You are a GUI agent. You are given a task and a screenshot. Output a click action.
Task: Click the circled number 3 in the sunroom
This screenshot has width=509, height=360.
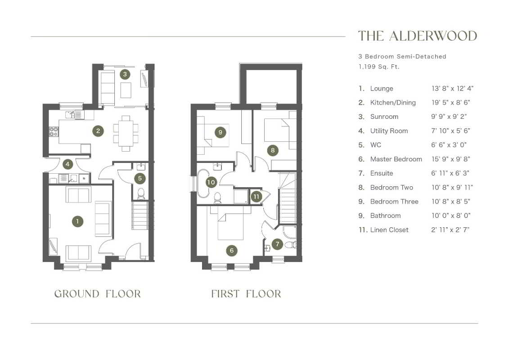click(x=125, y=74)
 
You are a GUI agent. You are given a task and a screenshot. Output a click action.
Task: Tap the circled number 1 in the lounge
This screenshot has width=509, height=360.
click(x=77, y=221)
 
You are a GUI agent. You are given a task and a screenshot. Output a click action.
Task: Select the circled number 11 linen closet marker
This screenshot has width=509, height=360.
click(x=257, y=196)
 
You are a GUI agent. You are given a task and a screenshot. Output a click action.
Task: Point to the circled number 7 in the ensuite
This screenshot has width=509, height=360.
click(x=277, y=244)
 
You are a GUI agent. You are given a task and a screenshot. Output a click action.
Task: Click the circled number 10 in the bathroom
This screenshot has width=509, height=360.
click(x=211, y=182)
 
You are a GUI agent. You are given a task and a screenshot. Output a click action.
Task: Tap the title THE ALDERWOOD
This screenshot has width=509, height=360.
click(x=418, y=36)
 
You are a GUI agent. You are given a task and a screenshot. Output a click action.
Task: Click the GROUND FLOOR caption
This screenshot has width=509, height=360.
click(x=98, y=294)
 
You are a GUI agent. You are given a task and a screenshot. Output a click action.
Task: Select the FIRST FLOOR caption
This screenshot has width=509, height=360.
click(x=246, y=294)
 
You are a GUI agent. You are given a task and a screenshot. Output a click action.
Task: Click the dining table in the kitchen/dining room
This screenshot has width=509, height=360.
click(x=126, y=133)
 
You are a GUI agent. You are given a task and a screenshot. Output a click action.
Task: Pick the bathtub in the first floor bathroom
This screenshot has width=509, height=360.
click(x=203, y=184)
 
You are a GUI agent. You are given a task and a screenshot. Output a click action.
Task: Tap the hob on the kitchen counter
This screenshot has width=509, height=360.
click(x=54, y=131)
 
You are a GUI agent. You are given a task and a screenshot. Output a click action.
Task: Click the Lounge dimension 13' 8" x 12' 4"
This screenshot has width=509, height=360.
click(x=452, y=88)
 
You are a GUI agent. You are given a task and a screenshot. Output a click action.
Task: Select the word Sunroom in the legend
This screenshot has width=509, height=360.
click(x=384, y=117)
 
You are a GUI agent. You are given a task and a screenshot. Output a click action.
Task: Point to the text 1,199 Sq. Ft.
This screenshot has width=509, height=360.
click(x=379, y=67)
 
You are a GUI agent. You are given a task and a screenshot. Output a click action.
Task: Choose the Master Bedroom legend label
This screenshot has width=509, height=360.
click(x=396, y=159)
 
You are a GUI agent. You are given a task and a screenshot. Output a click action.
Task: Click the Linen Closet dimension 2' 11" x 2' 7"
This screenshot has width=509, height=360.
click(x=450, y=230)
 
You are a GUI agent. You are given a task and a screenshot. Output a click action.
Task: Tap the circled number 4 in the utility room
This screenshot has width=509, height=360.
click(x=68, y=164)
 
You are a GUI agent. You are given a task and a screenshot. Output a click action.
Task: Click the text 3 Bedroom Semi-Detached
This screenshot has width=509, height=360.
click(x=402, y=57)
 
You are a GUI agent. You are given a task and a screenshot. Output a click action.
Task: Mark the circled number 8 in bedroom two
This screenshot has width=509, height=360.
click(x=273, y=150)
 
